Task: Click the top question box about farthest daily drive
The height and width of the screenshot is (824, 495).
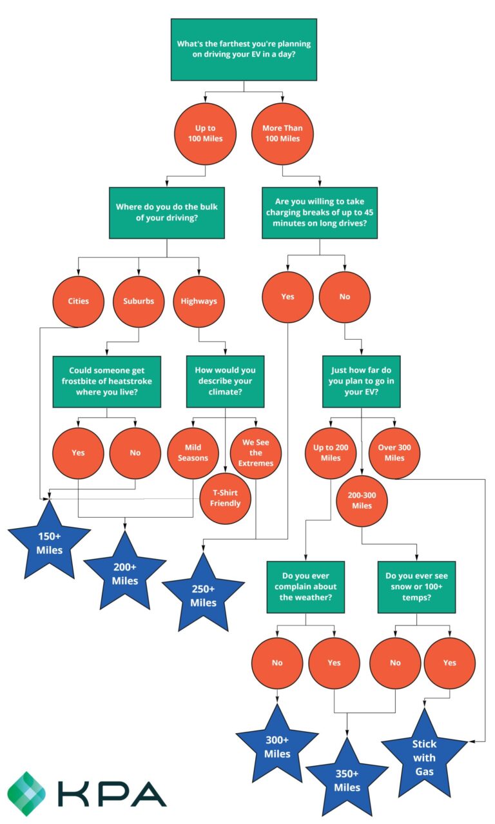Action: pos(244,50)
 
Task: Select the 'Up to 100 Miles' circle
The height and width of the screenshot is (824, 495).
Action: pos(206,133)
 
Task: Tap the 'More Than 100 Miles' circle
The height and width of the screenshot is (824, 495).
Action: pos(282,133)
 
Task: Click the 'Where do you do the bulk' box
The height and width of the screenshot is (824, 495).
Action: pos(167,213)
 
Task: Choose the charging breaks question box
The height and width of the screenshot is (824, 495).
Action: pos(319,213)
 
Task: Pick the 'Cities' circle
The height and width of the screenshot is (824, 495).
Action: pos(79,301)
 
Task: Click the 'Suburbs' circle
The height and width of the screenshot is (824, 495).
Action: pos(139,301)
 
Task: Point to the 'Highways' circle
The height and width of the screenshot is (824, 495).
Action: pos(199,301)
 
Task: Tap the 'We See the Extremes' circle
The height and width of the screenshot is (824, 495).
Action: pos(256,453)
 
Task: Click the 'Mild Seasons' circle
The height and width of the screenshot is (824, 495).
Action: pos(193,453)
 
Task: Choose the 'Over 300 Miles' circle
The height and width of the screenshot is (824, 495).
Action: pos(395,453)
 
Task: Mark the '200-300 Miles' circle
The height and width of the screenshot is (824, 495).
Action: pos(362,501)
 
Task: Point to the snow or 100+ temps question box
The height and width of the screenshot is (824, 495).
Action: pos(416,587)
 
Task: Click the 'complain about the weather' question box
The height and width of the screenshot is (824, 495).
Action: pos(306,587)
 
